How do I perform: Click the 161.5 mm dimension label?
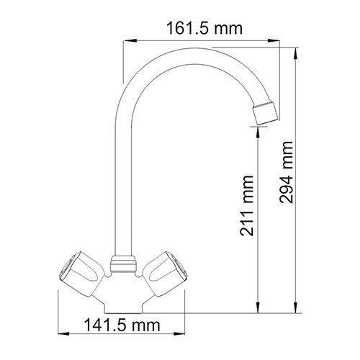204,29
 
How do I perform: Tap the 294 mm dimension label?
286,172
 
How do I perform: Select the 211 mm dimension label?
247,206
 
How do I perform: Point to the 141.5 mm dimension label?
122,325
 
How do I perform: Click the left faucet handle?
81,274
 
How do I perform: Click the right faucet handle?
166,274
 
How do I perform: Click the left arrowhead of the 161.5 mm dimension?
130,41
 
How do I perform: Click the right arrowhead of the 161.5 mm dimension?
274,41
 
